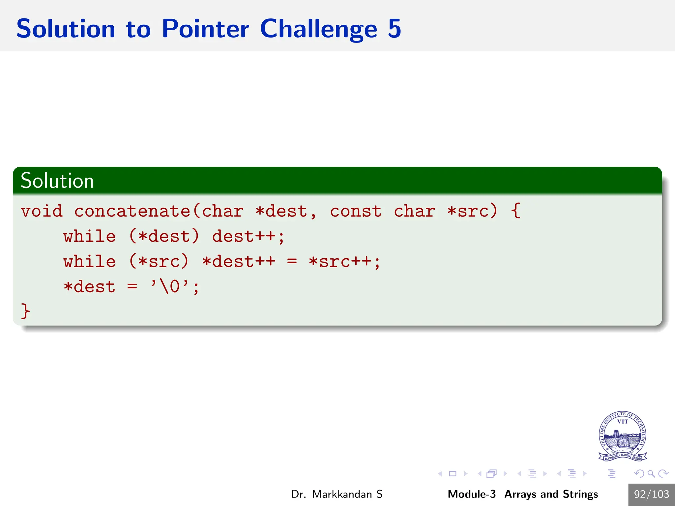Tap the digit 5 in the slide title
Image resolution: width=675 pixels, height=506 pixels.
(394, 29)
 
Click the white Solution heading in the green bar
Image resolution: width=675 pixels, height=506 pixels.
(57, 181)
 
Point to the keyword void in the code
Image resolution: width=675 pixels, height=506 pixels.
(42, 211)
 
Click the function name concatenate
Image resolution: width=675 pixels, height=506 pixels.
(132, 211)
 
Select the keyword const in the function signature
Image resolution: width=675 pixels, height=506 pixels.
(356, 211)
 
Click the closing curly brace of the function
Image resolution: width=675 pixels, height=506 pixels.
(25, 311)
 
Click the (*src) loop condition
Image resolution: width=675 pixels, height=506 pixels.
(159, 262)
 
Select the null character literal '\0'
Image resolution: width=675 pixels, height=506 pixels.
(169, 287)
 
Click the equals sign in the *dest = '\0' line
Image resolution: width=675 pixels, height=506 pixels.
(132, 287)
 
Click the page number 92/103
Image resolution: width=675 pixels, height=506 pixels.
(651, 494)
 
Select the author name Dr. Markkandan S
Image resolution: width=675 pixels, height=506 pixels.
(337, 494)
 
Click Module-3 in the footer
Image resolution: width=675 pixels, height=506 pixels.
(471, 494)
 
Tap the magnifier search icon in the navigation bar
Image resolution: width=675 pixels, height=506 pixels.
(651, 474)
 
